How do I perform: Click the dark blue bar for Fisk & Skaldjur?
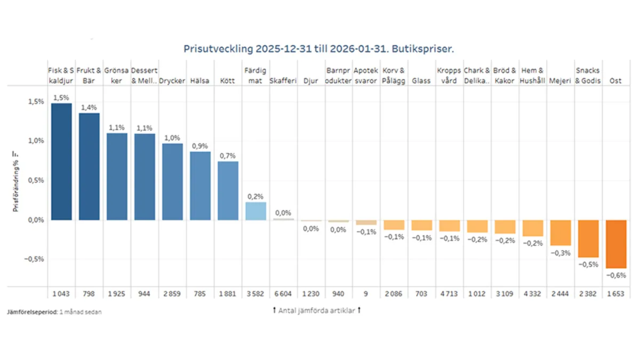pos(61,161)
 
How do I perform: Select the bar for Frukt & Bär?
pos(89,166)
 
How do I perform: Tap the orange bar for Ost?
pos(616,244)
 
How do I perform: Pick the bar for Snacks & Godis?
pos(588,238)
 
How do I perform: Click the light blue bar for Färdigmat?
pos(255,211)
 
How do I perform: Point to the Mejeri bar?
pos(561,233)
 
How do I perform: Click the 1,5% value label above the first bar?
pos(61,98)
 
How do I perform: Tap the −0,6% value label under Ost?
pos(616,276)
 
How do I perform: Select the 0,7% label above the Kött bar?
pos(228,155)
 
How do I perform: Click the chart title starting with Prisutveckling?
pos(322,49)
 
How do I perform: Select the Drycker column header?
pos(172,81)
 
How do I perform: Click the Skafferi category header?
pos(283,81)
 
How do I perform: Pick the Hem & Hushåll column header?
pos(533,75)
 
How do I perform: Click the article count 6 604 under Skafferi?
pos(283,294)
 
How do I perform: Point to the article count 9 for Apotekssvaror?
pos(366,294)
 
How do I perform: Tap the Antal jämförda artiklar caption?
pos(316,310)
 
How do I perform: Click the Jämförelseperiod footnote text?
pos(54,311)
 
